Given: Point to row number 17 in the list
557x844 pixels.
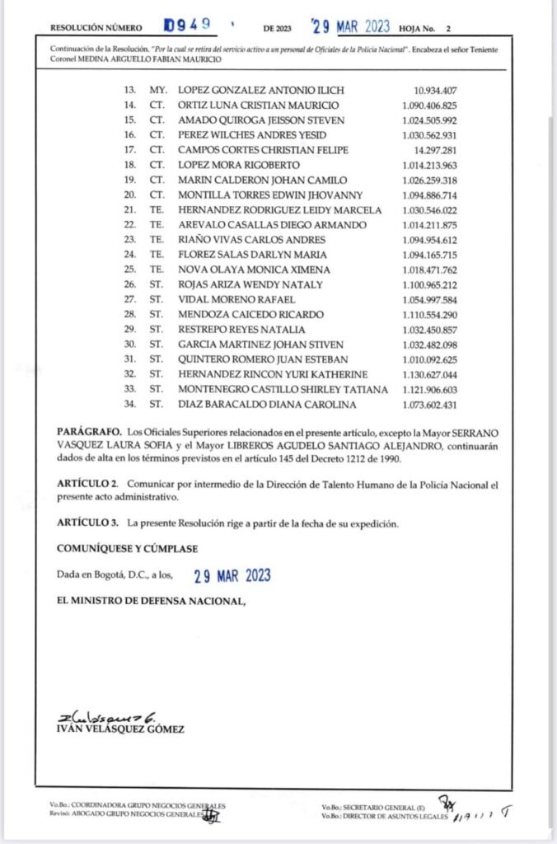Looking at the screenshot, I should [x=128, y=149].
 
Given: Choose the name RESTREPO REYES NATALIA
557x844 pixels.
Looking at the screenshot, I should [x=236, y=330].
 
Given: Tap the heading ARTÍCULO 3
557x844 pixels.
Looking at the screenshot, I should [x=88, y=523].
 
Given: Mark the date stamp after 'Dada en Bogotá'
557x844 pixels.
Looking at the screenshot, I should [x=232, y=575].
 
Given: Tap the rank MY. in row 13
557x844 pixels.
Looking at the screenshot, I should [x=156, y=88].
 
